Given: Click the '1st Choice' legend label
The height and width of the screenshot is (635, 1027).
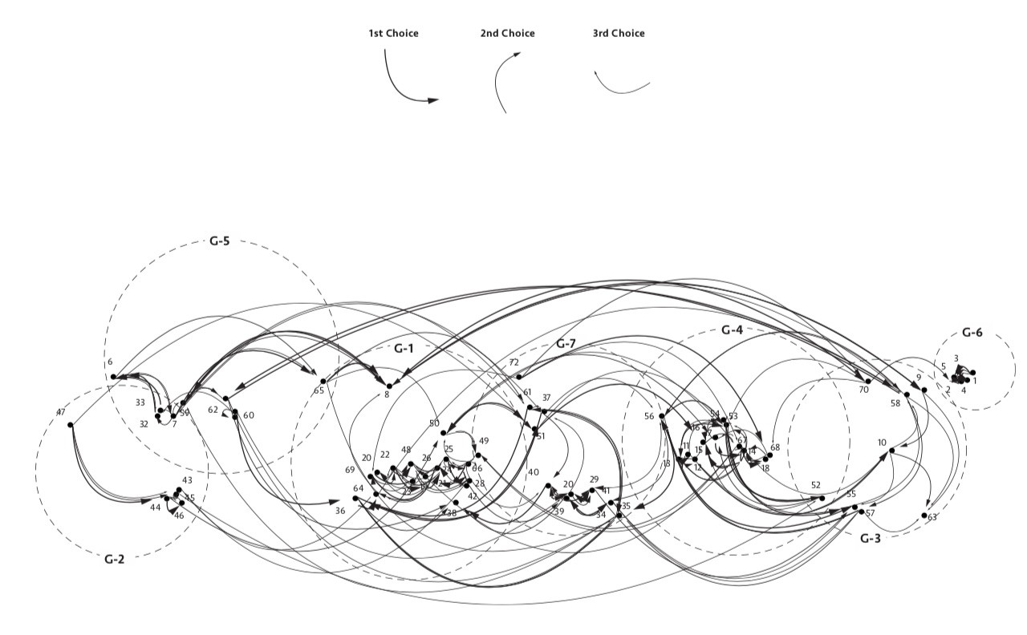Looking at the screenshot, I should (393, 34).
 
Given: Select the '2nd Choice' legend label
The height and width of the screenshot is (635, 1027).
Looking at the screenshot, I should (507, 34).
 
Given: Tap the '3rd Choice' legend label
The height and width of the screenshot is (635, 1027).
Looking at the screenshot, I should (619, 34).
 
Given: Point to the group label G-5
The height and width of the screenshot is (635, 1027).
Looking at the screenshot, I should (220, 241).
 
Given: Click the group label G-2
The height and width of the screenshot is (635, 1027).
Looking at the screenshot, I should (115, 559).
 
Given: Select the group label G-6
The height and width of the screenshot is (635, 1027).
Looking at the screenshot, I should (972, 333).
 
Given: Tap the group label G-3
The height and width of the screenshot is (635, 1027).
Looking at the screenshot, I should (871, 538).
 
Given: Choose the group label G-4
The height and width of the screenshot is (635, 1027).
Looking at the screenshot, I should (732, 330).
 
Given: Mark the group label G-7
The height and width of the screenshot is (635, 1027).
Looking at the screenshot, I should (566, 344).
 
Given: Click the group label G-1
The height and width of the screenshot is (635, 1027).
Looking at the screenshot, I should (404, 348).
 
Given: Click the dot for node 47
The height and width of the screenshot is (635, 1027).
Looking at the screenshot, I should (71, 424).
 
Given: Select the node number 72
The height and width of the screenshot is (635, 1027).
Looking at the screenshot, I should (513, 363).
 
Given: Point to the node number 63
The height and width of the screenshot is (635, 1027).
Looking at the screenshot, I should (932, 517).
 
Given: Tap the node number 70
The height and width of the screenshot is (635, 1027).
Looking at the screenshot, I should (863, 390).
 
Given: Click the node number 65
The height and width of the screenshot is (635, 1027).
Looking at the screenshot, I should (319, 390).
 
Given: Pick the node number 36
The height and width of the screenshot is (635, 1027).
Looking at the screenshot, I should (340, 511).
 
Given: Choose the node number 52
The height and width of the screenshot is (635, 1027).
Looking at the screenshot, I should (816, 485).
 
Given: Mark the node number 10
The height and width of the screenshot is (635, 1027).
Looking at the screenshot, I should (882, 443).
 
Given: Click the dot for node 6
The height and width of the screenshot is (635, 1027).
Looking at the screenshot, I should (114, 376).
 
